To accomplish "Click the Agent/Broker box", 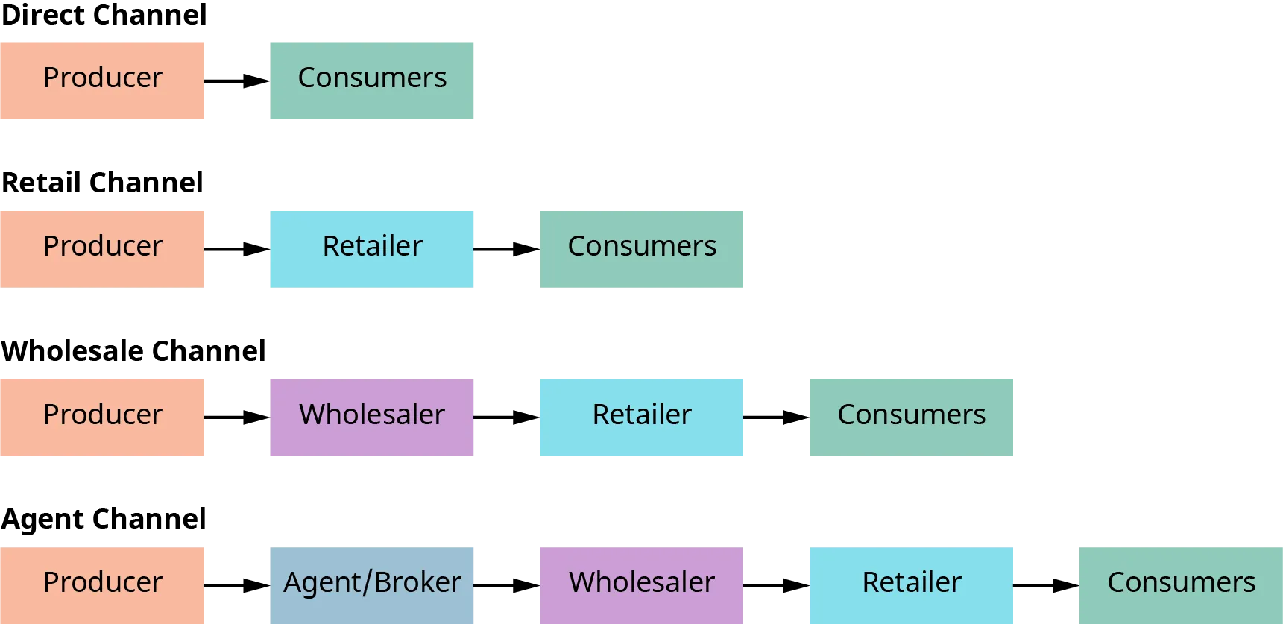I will [372, 583].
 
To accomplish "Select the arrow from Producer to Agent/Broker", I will [238, 584].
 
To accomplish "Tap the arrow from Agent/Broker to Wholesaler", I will [507, 584].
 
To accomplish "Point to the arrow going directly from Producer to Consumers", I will [237, 80].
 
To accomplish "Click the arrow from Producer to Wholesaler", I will [238, 417].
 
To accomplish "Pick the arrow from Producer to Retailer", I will [238, 250].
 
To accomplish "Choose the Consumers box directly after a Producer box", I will [372, 80].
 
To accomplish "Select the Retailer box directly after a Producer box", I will [372, 250].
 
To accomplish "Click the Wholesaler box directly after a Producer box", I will [372, 417].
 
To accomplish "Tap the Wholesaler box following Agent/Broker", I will [641, 583].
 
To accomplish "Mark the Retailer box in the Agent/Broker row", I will [910, 583].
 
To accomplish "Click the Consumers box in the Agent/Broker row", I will [1181, 583].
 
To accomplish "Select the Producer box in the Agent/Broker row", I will [103, 583].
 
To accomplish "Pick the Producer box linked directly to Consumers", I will [103, 80].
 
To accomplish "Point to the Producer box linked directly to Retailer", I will [103, 250].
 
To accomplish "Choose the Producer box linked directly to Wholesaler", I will [103, 417].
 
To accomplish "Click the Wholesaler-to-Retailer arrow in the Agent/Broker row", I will [775, 584].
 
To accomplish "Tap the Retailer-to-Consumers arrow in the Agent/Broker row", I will [1047, 584].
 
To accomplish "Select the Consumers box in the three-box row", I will [641, 250].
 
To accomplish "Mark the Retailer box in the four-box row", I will [641, 417].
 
